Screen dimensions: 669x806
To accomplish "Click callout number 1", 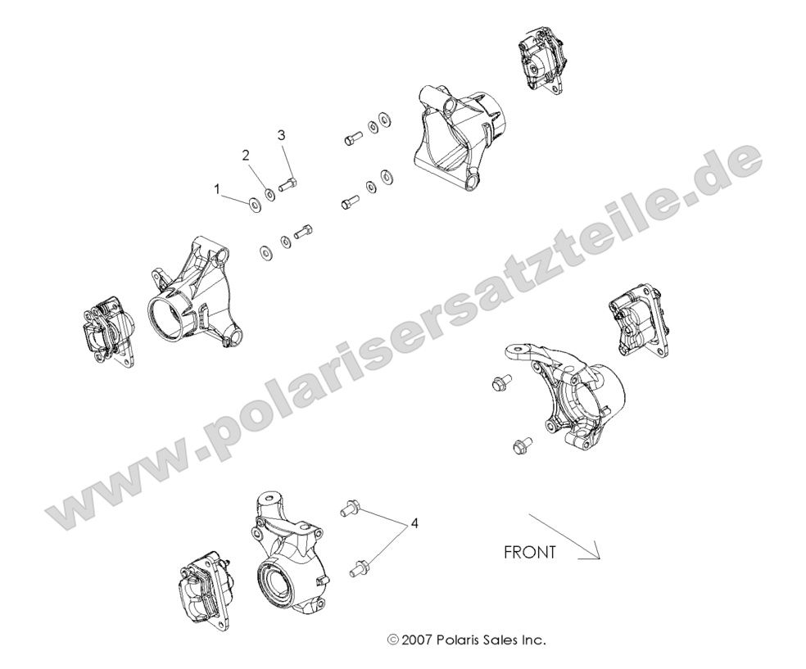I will pos(217,188).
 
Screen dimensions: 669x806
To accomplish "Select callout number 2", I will pos(244,154).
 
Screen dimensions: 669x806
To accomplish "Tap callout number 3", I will pos(281,134).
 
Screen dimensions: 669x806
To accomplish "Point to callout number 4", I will pos(416,522).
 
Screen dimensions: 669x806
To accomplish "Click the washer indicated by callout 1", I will pos(252,202).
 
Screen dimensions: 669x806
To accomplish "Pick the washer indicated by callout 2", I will pos(269,195).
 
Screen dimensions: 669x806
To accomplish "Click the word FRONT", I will pos(529,552).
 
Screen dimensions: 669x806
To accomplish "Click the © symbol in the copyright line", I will pos(392,639).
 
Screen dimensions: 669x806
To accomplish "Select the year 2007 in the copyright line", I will pos(417,639).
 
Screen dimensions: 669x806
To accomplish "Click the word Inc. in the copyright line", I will pos(533,639).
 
